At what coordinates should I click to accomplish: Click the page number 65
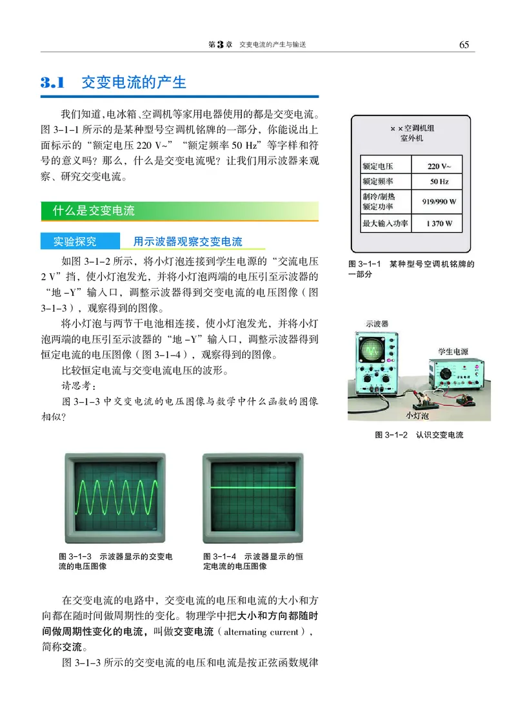click(x=463, y=44)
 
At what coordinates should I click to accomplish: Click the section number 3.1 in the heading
click(x=54, y=83)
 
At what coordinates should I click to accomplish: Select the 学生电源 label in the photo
click(x=453, y=351)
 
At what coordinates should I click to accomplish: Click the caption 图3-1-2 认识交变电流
click(x=419, y=435)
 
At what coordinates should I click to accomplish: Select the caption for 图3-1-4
click(x=253, y=561)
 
